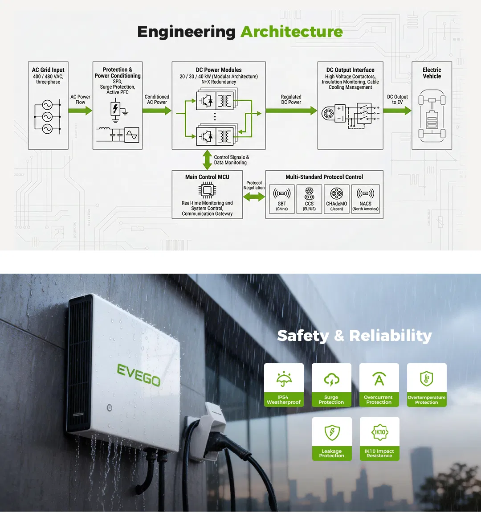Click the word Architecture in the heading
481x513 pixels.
tap(292, 32)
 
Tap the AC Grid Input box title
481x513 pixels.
tap(48, 70)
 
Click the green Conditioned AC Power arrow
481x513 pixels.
tap(157, 110)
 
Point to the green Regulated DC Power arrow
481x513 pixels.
tap(291, 110)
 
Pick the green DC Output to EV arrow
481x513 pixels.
tap(397, 110)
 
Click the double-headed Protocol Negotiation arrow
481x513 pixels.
tap(254, 197)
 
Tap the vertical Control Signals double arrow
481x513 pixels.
tap(207, 160)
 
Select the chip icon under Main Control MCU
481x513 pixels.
tap(207, 190)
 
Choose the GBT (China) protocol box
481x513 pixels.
tap(282, 199)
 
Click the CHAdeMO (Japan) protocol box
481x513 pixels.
tap(337, 199)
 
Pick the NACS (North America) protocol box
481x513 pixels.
tap(366, 199)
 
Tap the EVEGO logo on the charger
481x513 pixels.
tap(139, 374)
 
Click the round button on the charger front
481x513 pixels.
tap(110, 407)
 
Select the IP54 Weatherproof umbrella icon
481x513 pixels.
tap(284, 379)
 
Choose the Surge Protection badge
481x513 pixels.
tap(331, 385)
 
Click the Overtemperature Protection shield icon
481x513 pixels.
tap(426, 379)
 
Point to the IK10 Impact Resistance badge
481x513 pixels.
tap(379, 439)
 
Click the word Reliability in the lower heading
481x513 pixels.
tap(391, 336)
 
